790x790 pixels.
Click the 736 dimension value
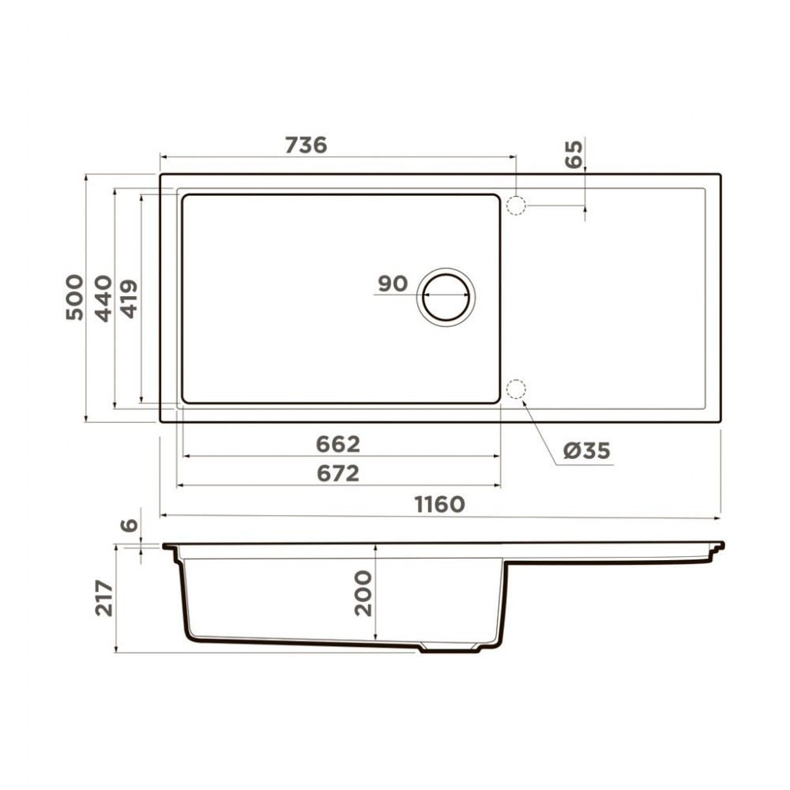click(x=306, y=145)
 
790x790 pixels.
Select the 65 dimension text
click(x=574, y=153)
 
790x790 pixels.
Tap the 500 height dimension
click(x=74, y=296)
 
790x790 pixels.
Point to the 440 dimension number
click(x=103, y=298)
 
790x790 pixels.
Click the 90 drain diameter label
click(x=392, y=284)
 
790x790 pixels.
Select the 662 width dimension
click(x=337, y=444)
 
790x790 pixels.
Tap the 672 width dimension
click(x=337, y=473)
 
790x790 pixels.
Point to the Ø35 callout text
click(x=587, y=451)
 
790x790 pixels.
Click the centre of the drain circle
click(x=446, y=295)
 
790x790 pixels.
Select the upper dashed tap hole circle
click(x=515, y=205)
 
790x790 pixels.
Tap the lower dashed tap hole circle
click(x=515, y=389)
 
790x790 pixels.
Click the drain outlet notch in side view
click(x=448, y=649)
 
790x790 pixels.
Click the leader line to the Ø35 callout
click(x=539, y=431)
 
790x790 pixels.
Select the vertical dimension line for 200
click(x=375, y=592)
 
